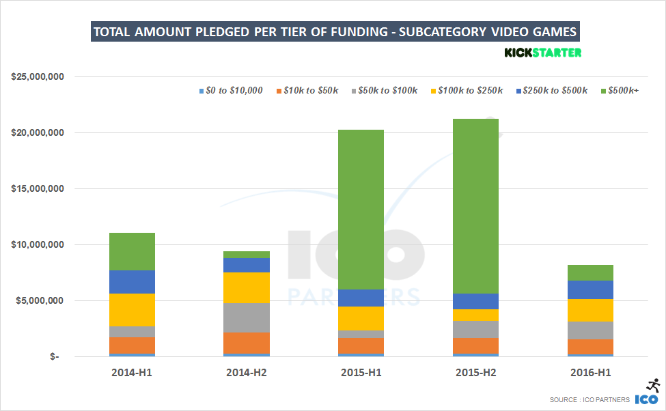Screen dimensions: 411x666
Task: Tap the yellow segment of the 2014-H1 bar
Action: point(132,310)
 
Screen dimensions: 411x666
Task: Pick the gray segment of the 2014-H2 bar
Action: point(247,317)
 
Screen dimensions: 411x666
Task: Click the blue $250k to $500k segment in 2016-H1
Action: point(590,289)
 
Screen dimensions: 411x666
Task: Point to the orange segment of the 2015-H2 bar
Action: point(475,346)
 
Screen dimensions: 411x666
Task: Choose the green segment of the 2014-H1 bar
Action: point(132,251)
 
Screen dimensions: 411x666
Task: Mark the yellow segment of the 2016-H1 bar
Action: point(590,310)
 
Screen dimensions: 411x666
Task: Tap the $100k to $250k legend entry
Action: point(467,91)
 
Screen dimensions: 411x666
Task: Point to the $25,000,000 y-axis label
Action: point(38,77)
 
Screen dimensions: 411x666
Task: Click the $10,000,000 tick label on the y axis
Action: point(38,245)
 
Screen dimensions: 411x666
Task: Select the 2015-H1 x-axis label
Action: point(361,373)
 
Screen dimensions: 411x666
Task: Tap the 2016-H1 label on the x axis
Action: point(590,373)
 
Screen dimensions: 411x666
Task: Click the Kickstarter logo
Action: point(542,53)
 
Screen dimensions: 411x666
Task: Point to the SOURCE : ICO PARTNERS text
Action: point(589,400)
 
